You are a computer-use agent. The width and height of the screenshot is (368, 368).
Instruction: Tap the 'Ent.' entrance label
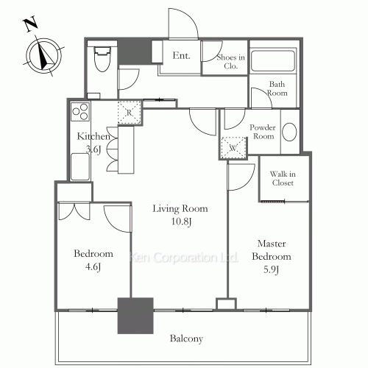(181, 54)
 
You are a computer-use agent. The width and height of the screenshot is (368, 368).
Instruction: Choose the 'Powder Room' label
(263, 131)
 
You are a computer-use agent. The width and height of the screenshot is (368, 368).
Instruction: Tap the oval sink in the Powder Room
(290, 133)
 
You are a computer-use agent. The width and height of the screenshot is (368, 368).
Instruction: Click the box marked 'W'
(233, 146)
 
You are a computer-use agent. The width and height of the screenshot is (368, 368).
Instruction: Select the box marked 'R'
(129, 112)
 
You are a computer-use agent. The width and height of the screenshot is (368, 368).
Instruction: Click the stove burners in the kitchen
(79, 114)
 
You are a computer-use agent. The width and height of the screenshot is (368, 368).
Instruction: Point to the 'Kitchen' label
(94, 137)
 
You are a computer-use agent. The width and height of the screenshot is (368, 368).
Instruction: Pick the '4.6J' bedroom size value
(93, 266)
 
